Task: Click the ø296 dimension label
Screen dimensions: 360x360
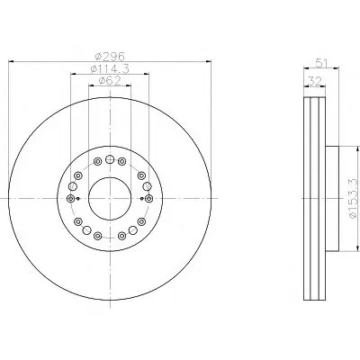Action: [110, 56]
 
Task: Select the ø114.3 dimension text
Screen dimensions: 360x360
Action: [110, 69]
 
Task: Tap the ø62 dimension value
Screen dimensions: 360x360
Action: [110, 81]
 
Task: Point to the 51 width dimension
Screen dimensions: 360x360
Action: [321, 64]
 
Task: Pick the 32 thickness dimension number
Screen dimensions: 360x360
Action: [315, 81]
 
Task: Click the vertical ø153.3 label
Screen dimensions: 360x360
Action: [353, 198]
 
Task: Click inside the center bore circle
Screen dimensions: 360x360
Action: [110, 198]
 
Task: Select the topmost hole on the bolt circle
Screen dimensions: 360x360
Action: [110, 159]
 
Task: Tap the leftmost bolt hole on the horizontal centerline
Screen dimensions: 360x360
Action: [71, 198]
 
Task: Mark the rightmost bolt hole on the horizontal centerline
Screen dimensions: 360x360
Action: [149, 198]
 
